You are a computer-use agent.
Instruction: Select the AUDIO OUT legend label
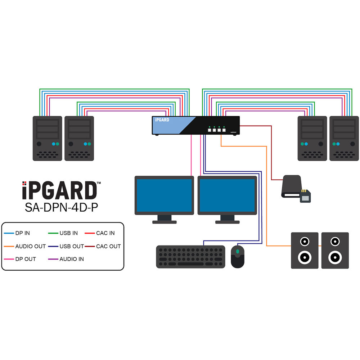(31, 246)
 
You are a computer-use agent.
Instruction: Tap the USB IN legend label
(68, 233)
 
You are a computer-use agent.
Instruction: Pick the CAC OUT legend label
(108, 246)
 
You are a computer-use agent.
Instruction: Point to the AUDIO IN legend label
(72, 259)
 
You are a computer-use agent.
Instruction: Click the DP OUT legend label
(26, 259)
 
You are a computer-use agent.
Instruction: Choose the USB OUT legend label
(72, 246)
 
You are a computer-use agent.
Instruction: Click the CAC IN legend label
(105, 233)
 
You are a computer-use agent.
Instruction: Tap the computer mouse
(238, 256)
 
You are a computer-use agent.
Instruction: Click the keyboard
(191, 257)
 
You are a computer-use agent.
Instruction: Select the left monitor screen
(164, 195)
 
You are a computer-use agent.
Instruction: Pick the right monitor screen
(227, 195)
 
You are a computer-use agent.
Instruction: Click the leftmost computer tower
(47, 138)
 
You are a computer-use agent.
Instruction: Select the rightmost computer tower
(344, 138)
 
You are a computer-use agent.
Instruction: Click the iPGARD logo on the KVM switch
(162, 120)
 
